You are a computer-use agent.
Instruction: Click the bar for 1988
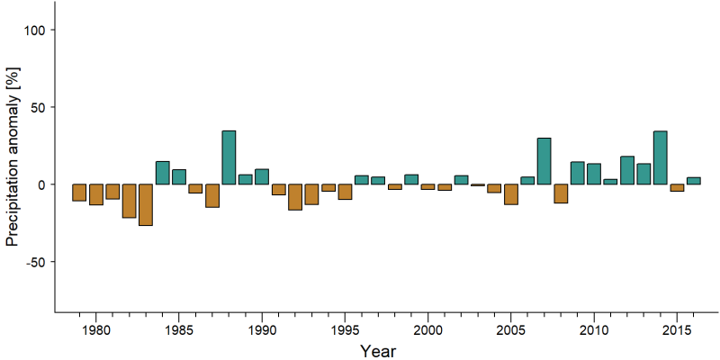229,157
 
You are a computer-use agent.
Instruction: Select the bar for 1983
146,205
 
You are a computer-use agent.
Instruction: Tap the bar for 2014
661,157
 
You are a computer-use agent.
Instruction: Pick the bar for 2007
544,161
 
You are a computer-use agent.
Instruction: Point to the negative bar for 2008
561,193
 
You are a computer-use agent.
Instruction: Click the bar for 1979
79,193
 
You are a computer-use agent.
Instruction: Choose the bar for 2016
693,181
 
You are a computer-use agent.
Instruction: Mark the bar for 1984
163,173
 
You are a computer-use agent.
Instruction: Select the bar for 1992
295,197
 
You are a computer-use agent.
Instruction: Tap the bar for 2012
627,170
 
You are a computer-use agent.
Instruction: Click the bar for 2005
511,194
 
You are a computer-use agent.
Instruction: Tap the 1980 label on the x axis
96,330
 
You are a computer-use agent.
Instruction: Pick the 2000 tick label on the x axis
428,330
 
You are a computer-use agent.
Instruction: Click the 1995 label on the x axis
345,330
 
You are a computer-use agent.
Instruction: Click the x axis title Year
377,351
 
